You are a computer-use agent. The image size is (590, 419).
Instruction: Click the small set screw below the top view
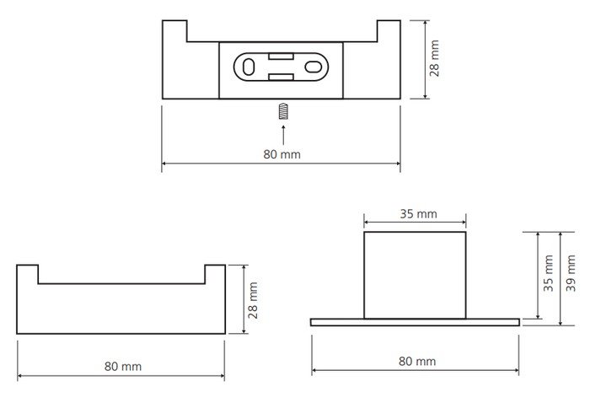(x=283, y=111)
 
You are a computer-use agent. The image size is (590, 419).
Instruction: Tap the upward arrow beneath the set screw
(x=283, y=135)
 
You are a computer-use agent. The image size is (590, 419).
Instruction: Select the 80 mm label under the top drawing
(x=282, y=154)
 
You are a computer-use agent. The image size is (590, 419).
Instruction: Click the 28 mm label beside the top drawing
(x=434, y=58)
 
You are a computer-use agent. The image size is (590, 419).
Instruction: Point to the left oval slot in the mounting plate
(x=249, y=67)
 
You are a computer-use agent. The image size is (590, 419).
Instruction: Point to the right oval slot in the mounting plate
(x=313, y=67)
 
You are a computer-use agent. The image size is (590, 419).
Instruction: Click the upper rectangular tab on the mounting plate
(x=281, y=56)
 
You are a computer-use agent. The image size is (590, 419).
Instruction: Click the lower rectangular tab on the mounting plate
(x=281, y=78)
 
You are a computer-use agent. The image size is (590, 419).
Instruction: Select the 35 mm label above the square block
(x=418, y=214)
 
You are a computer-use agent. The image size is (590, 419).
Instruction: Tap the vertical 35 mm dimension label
(x=548, y=273)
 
